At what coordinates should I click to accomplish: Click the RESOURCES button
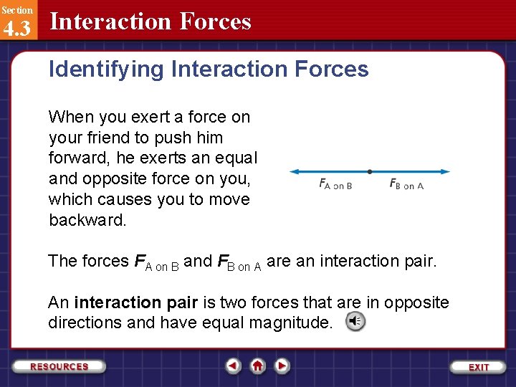tap(59, 366)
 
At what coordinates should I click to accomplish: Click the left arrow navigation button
tap(233, 366)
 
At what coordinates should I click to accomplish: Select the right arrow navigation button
tap(282, 366)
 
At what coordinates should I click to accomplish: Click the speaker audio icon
tap(355, 322)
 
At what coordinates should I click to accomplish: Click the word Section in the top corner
tap(16, 10)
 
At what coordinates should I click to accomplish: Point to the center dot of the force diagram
tap(369, 171)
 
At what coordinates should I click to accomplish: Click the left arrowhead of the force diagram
tap(293, 171)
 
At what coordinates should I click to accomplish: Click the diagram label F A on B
tap(335, 185)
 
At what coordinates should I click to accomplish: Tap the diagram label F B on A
tap(406, 185)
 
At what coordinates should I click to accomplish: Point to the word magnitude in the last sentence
tap(290, 322)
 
